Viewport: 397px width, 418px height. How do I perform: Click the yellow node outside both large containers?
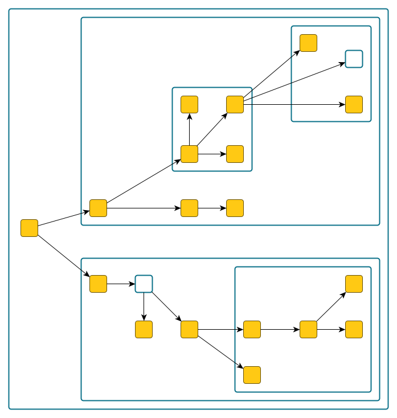pos(29,228)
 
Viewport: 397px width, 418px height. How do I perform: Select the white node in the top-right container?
pos(354,59)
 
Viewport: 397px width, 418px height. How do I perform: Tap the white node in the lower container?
pos(144,284)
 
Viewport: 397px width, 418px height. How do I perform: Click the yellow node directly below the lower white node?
pos(144,329)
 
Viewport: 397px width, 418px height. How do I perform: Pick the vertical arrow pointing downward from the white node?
pos(144,306)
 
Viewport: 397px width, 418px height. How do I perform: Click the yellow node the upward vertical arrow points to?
pos(189,104)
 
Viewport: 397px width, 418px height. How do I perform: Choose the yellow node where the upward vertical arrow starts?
pos(189,154)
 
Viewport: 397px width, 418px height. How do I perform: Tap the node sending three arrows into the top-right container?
pos(235,104)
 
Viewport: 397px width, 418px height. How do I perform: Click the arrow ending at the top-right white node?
pos(294,81)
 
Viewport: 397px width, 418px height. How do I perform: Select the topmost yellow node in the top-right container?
pos(308,43)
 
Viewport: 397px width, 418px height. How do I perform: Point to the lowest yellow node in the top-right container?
pos(354,104)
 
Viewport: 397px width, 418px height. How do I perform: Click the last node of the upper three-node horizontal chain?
pos(235,208)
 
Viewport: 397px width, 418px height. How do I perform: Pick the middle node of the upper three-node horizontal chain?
pos(189,208)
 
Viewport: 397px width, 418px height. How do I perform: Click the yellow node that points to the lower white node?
pos(98,284)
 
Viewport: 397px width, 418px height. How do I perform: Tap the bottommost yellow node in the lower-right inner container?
pos(252,375)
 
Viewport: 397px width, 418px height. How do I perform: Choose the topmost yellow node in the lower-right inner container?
pos(354,284)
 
